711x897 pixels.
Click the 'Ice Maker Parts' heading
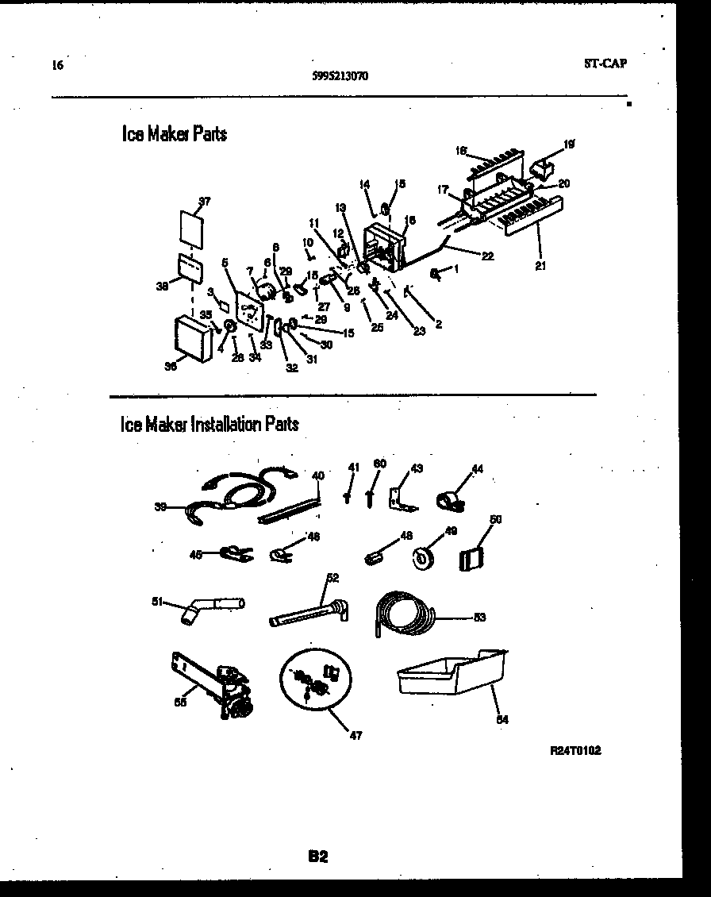(175, 134)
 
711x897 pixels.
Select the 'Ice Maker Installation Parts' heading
(209, 425)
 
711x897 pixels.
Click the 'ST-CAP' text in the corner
(605, 64)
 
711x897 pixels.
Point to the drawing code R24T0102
(575, 750)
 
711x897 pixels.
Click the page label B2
(318, 857)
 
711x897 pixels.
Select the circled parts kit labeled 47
(316, 681)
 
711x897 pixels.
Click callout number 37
(205, 202)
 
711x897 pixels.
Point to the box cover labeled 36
(192, 337)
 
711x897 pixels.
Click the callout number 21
(540, 266)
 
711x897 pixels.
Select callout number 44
(477, 469)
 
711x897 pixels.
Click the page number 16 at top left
(56, 65)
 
